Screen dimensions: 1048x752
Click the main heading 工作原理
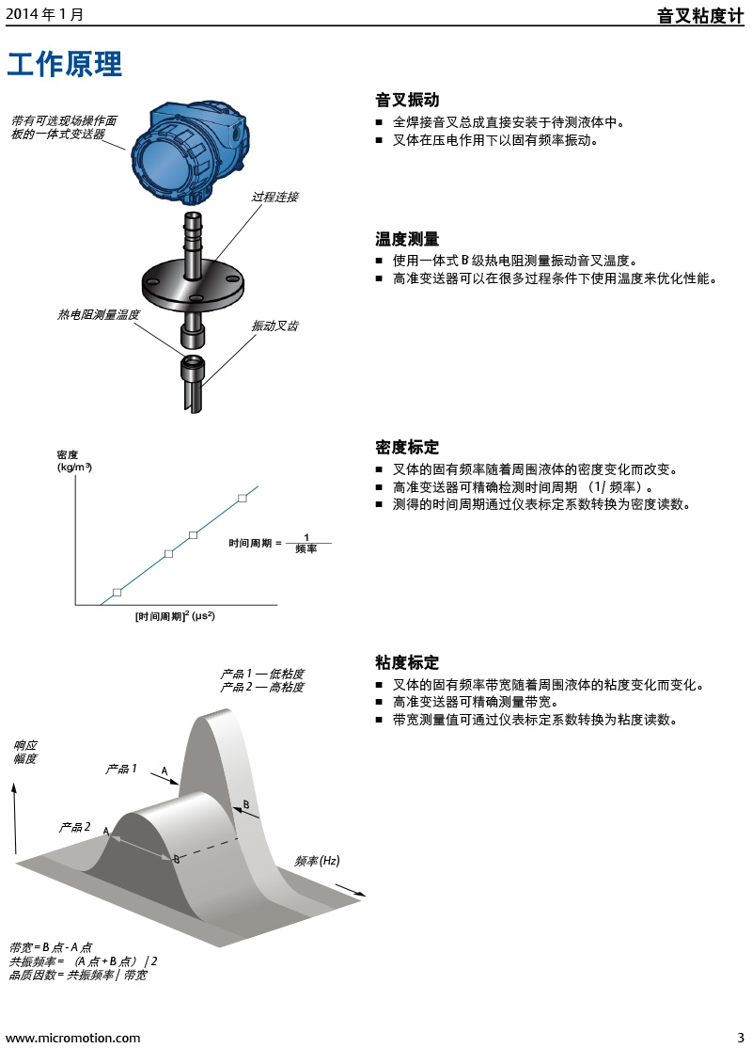[65, 65]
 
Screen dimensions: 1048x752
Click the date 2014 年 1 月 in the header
[44, 15]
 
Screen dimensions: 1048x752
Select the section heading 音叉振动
[407, 100]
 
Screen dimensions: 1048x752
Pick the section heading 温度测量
[407, 239]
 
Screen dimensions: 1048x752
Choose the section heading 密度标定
[407, 447]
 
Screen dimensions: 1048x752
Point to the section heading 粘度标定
[407, 662]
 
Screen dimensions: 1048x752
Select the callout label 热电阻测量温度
[99, 315]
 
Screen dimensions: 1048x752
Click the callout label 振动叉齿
[274, 326]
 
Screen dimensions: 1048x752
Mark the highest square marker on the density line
[243, 498]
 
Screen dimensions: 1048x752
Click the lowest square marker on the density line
[117, 592]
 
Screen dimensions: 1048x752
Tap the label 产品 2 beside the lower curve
[74, 828]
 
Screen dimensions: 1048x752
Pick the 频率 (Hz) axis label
[317, 861]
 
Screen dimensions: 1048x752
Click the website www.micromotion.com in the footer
[73, 1038]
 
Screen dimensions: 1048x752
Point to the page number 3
[740, 1038]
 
